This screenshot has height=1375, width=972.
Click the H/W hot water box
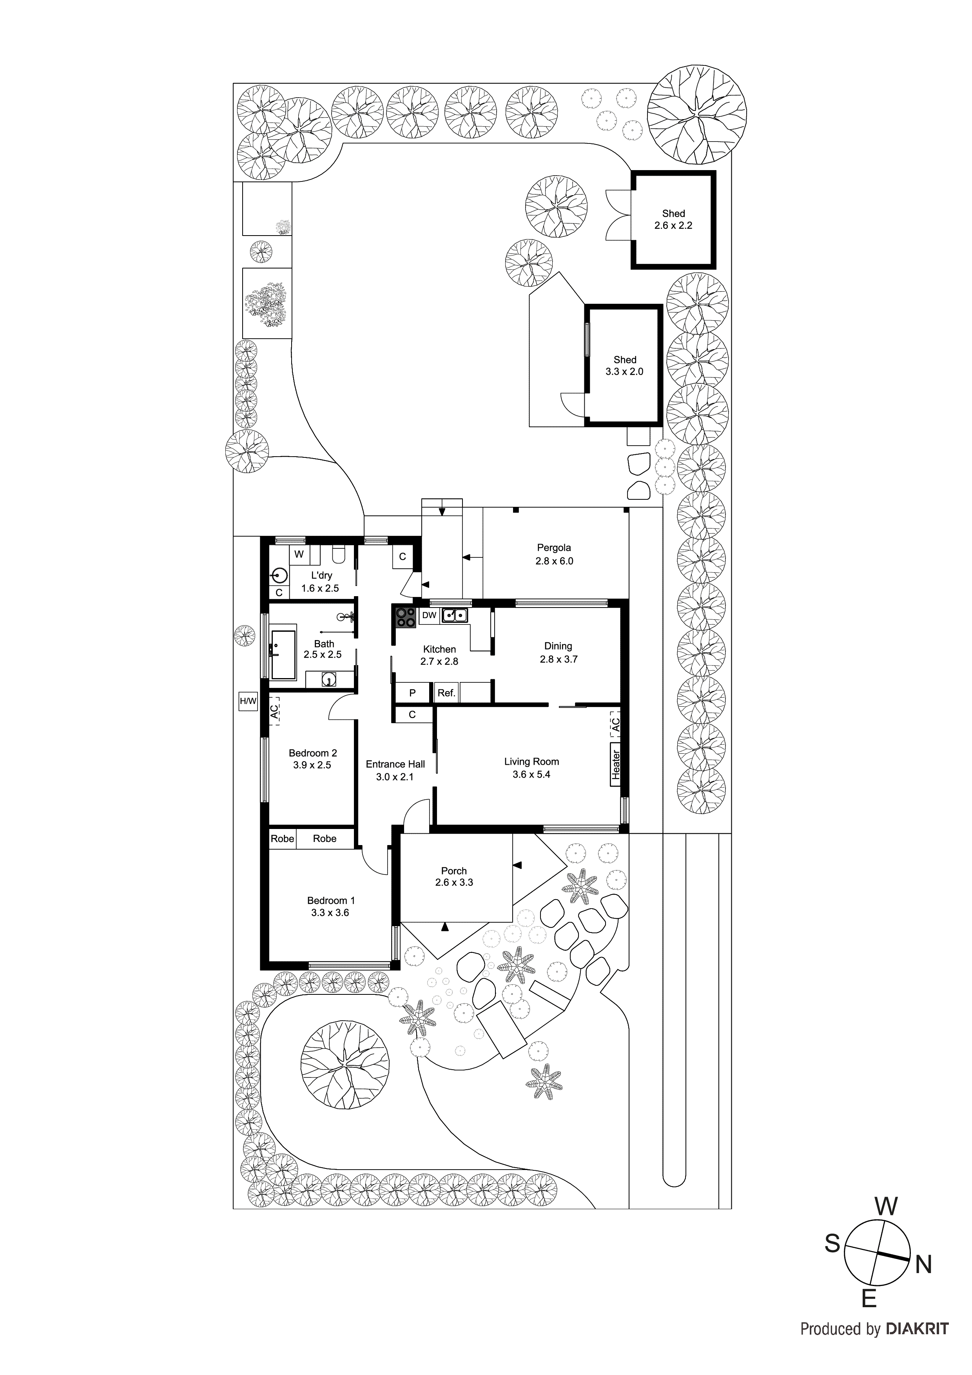point(247,701)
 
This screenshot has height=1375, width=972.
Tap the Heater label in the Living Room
point(615,765)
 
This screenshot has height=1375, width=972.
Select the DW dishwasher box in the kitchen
point(430,615)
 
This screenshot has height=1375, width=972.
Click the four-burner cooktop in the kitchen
point(405,617)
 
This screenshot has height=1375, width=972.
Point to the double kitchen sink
point(455,615)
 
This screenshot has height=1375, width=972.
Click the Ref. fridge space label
point(446,693)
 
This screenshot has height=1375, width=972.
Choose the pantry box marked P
point(412,693)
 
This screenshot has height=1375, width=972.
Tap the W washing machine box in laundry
point(299,555)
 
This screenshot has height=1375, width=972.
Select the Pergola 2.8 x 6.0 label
point(553,554)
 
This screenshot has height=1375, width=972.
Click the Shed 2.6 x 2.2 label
point(673,219)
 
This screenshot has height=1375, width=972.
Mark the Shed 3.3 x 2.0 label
point(624,365)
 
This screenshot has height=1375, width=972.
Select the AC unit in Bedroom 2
point(274,711)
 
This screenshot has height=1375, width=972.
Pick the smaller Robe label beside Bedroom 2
point(282,838)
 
